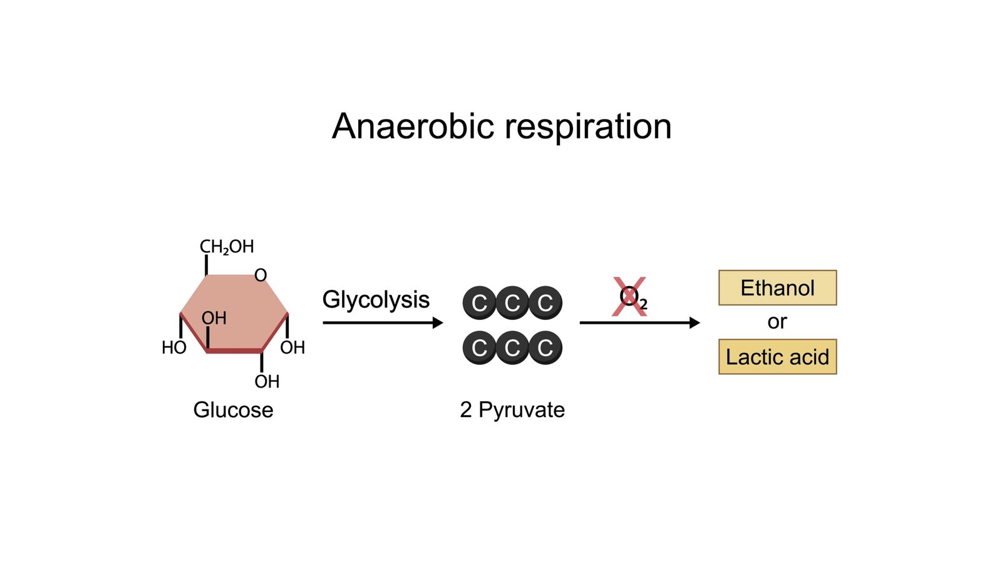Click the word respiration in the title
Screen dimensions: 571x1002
point(588,128)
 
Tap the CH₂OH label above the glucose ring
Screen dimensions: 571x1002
point(227,247)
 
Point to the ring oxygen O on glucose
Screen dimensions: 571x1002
point(261,275)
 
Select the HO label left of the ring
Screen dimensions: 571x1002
point(173,347)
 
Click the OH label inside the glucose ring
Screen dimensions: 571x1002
point(214,318)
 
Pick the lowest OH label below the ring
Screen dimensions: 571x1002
point(267,381)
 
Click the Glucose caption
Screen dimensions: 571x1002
point(233,410)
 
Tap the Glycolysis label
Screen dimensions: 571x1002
point(376,300)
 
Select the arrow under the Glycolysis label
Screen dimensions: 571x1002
point(382,323)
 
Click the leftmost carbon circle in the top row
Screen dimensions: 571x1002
point(479,303)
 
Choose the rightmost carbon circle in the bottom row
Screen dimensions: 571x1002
point(545,347)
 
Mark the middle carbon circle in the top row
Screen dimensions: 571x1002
point(512,303)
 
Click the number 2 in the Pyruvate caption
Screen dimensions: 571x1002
point(465,410)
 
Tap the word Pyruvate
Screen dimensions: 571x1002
point(522,410)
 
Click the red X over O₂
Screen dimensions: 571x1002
point(629,297)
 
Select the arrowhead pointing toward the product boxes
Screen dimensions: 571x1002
point(695,323)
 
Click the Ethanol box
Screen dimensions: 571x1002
point(777,288)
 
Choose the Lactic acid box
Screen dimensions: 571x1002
point(777,357)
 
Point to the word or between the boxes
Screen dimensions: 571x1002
point(777,322)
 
